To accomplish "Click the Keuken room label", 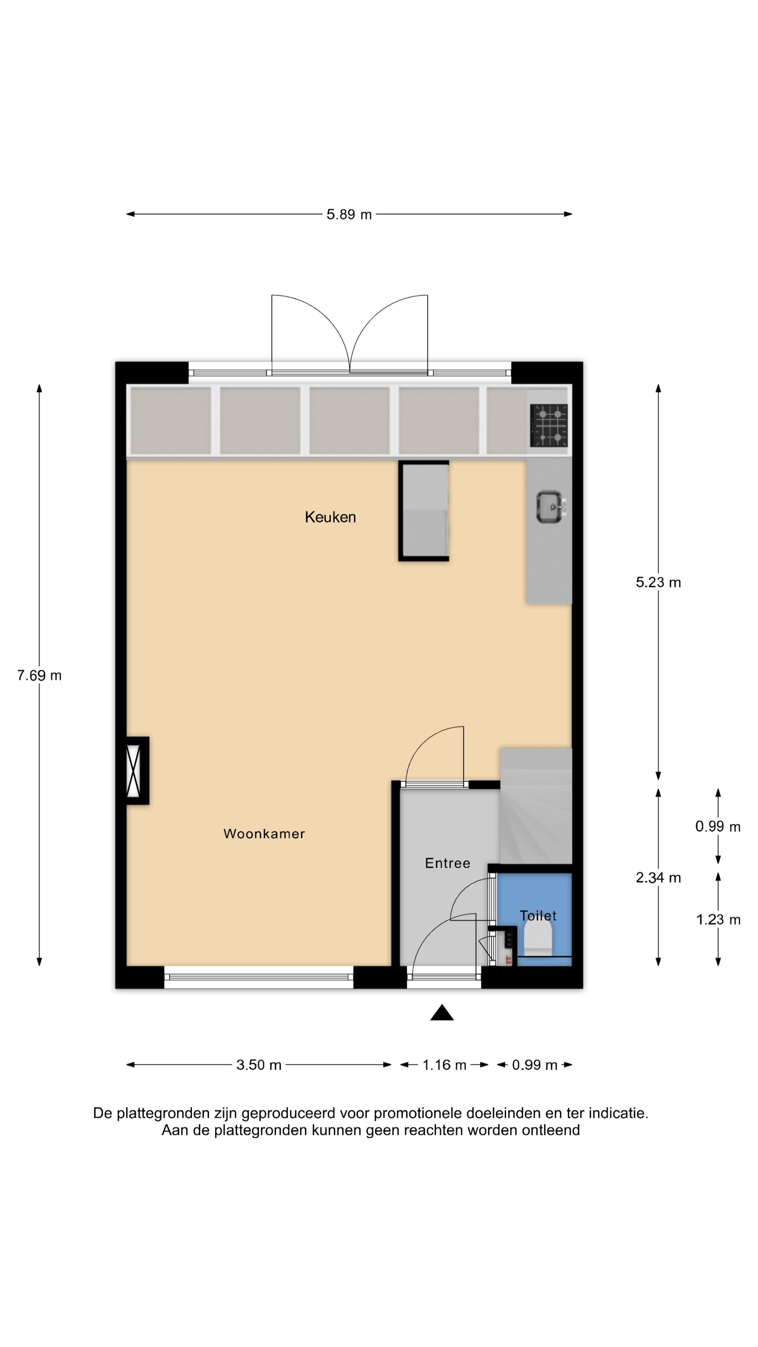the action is (x=330, y=517).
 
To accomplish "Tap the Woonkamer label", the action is (x=264, y=833).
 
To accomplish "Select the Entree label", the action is (x=447, y=863).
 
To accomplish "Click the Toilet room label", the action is (x=538, y=916).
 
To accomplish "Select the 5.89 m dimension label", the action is (x=349, y=214).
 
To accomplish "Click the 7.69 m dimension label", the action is (x=39, y=676).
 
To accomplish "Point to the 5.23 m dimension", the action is (x=658, y=583).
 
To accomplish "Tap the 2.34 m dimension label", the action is (x=658, y=878).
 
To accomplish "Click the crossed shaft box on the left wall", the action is (x=137, y=770).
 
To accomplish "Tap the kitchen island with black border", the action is (x=424, y=511).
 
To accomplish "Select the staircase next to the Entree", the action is (x=536, y=806).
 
